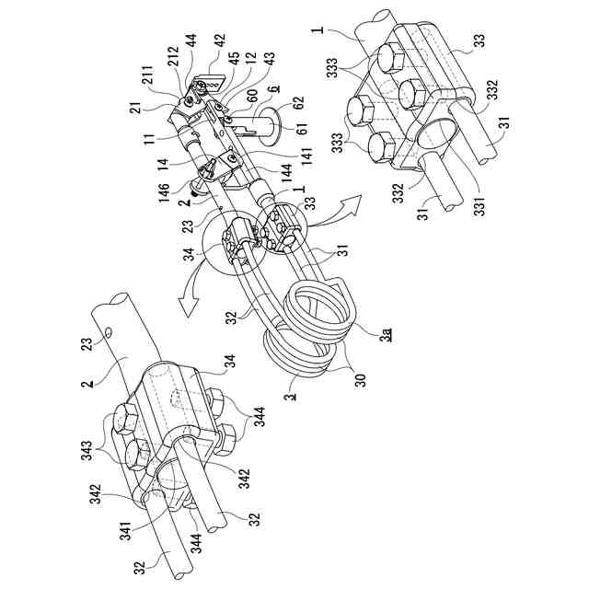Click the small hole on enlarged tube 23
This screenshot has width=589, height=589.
tap(110, 329)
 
